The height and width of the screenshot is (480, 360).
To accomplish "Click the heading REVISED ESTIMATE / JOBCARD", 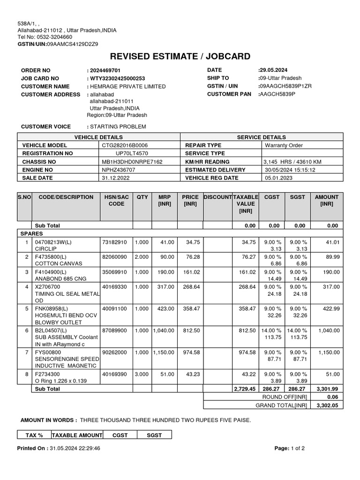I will (x=180, y=57).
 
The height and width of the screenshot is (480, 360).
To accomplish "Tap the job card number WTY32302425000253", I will (x=117, y=78).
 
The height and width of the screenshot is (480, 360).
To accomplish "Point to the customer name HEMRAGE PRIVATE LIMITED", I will (x=127, y=86).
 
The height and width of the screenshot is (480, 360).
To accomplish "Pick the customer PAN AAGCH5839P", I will (x=277, y=94).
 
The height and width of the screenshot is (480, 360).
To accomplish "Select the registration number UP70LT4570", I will (x=132, y=153).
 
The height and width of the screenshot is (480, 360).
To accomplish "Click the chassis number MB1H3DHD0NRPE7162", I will (x=132, y=162).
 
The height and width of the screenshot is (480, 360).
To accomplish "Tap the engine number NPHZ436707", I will (x=119, y=170).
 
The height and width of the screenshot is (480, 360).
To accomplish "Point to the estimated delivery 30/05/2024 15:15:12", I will (x=290, y=170).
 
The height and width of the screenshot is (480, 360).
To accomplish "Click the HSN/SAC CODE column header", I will (x=116, y=201).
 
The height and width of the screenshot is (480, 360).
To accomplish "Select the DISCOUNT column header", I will (x=217, y=197).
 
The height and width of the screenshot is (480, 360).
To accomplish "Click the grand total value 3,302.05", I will (x=327, y=405).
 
